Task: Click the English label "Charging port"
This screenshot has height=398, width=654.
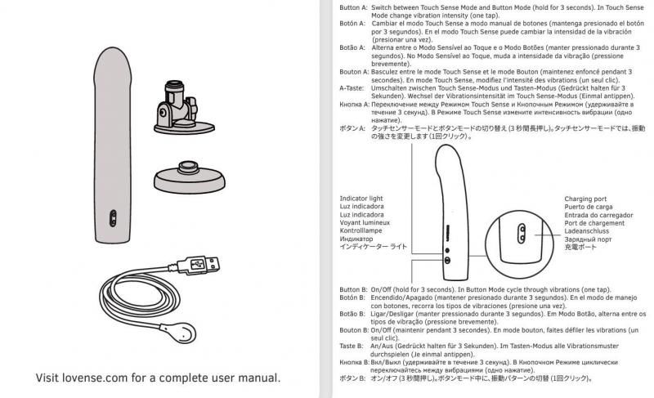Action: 586,199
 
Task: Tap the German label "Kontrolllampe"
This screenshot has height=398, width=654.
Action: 364,231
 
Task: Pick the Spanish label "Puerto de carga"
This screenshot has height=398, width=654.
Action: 589,207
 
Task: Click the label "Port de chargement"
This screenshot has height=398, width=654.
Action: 595,223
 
